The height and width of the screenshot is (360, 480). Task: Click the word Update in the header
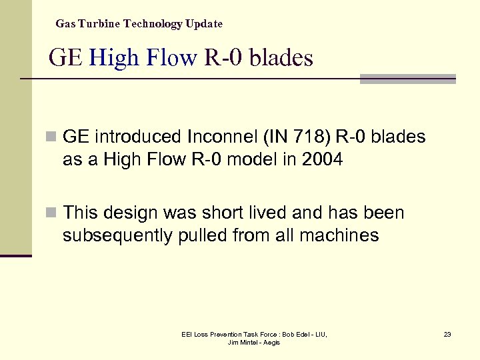(204, 24)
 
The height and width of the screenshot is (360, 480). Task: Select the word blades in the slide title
(281, 57)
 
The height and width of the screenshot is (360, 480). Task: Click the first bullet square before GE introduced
(52, 137)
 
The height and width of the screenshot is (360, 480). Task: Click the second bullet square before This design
(52, 213)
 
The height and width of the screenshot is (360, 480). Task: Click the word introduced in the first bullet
(138, 137)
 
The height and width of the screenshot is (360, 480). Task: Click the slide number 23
(447, 334)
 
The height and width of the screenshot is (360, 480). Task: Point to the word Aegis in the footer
(271, 342)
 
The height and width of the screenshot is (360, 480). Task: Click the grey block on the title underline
(407, 79)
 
